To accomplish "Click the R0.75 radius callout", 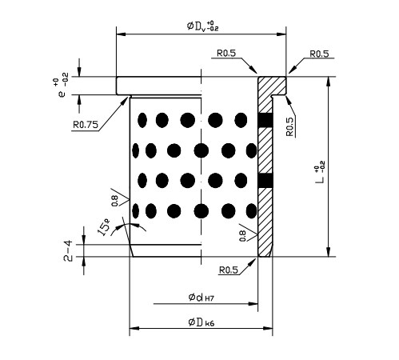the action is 86,125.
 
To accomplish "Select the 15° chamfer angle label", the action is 104,226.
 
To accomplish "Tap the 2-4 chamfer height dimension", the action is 68,250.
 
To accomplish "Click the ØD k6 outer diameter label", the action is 201,322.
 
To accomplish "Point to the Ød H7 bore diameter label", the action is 201,298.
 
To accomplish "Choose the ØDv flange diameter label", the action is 202,26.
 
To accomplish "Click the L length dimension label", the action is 320,174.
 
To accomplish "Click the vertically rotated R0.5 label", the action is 289,126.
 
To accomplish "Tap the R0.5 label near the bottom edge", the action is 228,270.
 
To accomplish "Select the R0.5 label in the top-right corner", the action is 319,54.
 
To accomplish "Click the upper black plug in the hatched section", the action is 265,120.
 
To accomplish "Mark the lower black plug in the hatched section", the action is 265,180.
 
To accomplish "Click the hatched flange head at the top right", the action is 272,86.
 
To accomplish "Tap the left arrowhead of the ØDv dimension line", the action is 122,34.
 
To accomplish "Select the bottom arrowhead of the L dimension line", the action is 329,252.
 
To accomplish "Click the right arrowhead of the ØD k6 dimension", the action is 268,328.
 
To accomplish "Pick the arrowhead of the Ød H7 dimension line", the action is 253,303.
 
